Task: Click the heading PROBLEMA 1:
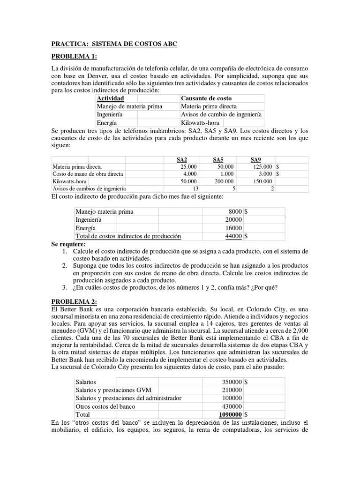click(x=74, y=57)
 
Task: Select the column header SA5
click(x=218, y=160)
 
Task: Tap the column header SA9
click(x=257, y=160)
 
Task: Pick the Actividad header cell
click(x=110, y=98)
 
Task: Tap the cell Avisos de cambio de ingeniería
click(x=221, y=114)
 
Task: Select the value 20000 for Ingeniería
click(x=233, y=219)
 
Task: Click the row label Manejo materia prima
click(x=105, y=211)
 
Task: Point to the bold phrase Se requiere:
click(x=68, y=245)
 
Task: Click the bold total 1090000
click(x=230, y=415)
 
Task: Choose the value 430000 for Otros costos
click(x=232, y=406)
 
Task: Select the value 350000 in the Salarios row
click(x=232, y=382)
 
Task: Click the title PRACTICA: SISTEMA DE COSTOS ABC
click(x=114, y=44)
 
